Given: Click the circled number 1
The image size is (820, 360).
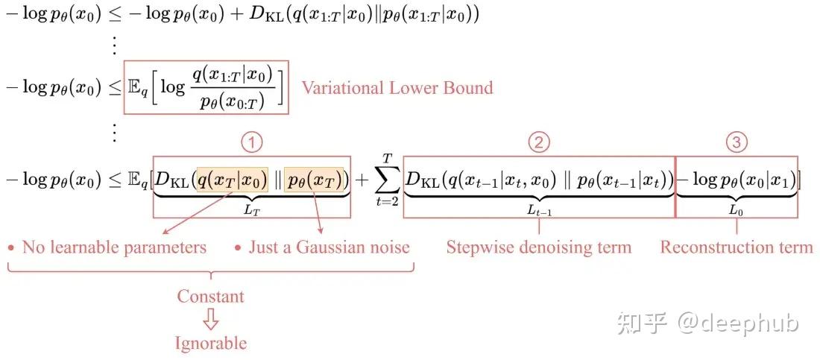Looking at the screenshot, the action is (255, 142).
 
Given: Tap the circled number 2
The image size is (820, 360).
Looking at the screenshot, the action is (538, 142).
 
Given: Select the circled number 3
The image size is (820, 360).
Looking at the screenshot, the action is (737, 142).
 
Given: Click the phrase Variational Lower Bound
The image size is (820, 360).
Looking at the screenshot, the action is (397, 88).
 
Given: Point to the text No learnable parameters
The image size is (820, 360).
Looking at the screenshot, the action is (114, 247).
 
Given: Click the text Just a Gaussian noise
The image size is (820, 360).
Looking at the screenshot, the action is (329, 247).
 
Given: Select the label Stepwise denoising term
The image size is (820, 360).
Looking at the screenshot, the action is (538, 247).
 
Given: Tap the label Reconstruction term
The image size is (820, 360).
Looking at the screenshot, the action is (737, 247).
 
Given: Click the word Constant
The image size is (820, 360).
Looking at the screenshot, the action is (210, 296).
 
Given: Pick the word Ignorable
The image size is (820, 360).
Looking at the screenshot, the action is (210, 343).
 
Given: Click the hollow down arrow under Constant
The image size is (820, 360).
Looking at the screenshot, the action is (211, 320).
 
